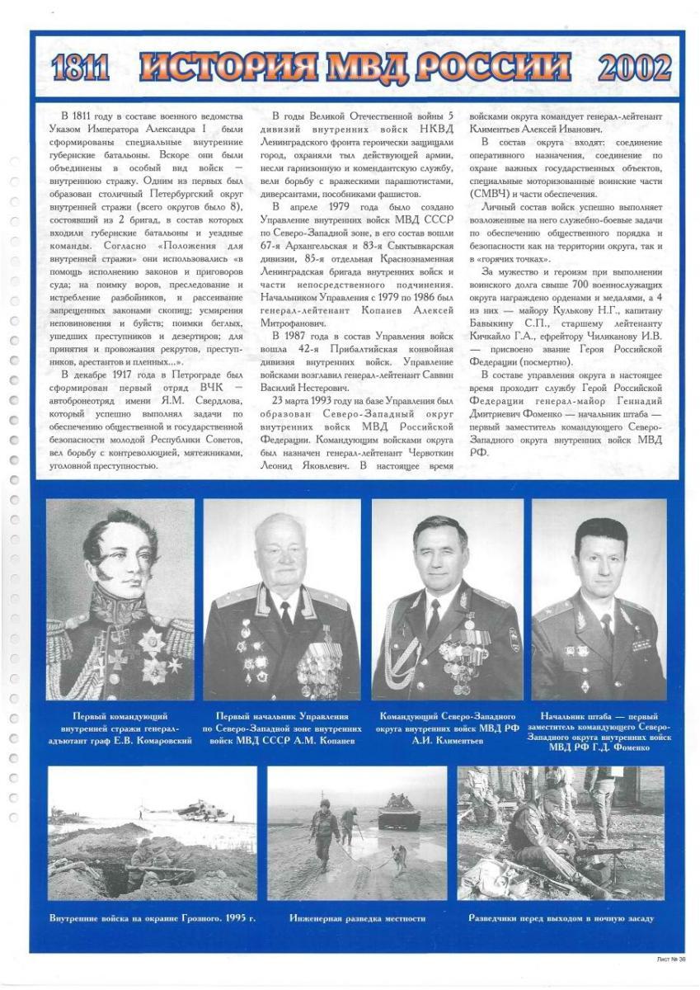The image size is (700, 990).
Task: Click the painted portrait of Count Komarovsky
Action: [x=120, y=599]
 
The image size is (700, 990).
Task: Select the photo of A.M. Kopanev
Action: [x=282, y=599]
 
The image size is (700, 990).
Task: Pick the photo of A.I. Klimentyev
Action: [x=447, y=599]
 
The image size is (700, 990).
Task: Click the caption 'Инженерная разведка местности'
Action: [x=357, y=917]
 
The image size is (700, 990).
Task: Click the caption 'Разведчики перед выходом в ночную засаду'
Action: [x=561, y=917]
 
